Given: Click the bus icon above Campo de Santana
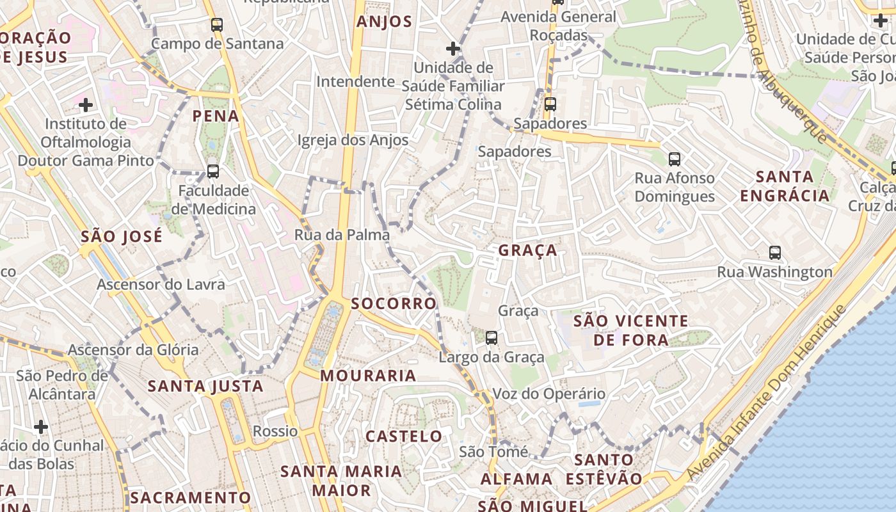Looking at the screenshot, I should coord(217,25).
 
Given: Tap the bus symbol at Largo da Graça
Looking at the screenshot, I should coord(491,337).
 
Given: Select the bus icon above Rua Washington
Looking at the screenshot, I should coord(775,252).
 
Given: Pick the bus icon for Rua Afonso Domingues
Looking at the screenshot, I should coord(674,159).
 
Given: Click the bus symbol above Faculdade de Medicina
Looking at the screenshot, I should coord(213,172).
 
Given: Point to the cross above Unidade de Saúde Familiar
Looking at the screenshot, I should coord(453,48).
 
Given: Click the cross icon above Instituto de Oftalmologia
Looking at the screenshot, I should coord(86,104).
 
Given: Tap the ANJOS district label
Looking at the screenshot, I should coord(384,22).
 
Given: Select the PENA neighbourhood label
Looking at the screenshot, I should coord(216,116).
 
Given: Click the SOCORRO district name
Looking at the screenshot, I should coord(394,303).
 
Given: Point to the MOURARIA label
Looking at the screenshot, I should coord(369,376).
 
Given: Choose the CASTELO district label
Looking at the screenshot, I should coord(404,436).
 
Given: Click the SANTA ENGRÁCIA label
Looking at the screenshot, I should coord(785,186).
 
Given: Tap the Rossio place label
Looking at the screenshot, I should coord(275,431).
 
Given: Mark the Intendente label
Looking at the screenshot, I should coord(355,82).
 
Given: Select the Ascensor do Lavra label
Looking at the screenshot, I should coord(161,284).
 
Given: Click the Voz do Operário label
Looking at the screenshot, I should coord(548,394).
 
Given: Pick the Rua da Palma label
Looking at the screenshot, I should coord(342,235).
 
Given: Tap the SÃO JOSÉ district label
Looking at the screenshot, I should coord(122,237).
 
